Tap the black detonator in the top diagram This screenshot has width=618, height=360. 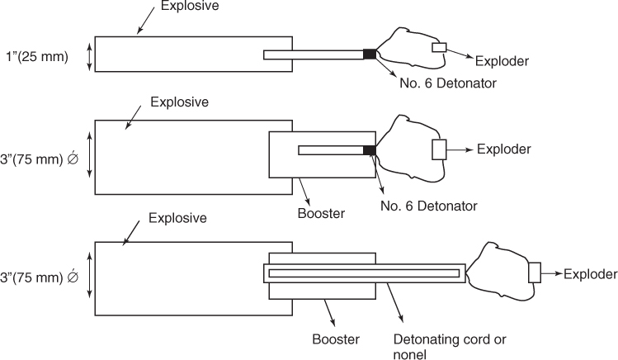click(x=370, y=54)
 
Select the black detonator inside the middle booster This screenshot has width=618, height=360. click(x=370, y=149)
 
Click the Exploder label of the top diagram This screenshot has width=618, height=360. click(x=502, y=61)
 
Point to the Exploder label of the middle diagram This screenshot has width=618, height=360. click(x=503, y=149)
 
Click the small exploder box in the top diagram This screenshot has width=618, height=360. click(x=438, y=49)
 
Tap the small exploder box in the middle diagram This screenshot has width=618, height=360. click(x=439, y=149)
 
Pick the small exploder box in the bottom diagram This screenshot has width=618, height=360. click(x=534, y=272)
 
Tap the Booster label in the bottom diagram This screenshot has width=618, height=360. click(x=335, y=339)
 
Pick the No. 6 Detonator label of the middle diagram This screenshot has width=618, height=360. click(x=428, y=204)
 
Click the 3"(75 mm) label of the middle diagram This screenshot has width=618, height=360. click(x=40, y=155)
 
